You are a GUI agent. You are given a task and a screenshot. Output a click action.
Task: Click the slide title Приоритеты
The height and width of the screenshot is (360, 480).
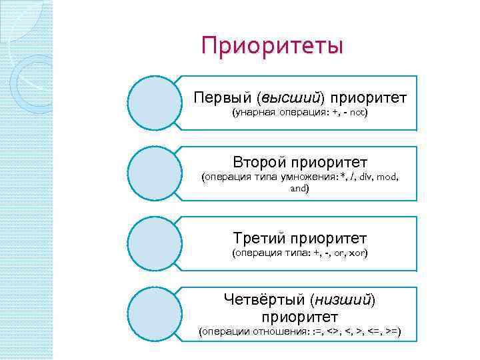pyautogui.click(x=273, y=47)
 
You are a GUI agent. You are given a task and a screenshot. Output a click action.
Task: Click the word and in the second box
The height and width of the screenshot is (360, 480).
pyautogui.click(x=299, y=189)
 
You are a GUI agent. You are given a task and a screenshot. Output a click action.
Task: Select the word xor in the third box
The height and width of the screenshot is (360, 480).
pyautogui.click(x=357, y=253)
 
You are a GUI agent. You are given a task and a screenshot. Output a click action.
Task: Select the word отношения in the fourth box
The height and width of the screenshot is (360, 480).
pyautogui.click(x=278, y=332)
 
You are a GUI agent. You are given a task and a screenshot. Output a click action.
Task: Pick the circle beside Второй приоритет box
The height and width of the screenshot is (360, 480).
pyautogui.click(x=155, y=173)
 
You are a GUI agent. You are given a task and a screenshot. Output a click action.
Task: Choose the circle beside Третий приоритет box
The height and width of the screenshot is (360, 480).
pyautogui.click(x=155, y=243)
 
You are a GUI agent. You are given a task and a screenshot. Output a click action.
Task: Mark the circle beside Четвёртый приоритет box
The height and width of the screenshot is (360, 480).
pyautogui.click(x=155, y=313)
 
